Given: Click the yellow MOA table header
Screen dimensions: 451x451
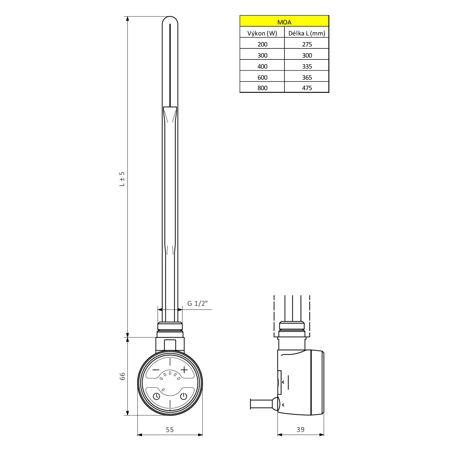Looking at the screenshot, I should (x=284, y=22).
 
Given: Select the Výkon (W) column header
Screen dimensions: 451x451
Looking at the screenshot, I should (x=262, y=33).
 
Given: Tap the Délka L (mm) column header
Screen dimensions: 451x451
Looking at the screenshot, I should (x=307, y=33).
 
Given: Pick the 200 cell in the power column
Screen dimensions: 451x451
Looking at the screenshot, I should (x=262, y=44).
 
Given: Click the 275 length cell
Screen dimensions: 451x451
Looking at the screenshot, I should (x=307, y=44).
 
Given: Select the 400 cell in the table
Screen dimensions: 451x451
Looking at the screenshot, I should (x=262, y=66).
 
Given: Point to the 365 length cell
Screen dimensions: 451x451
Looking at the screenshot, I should (x=307, y=78).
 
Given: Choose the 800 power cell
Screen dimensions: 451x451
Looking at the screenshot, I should (x=262, y=88).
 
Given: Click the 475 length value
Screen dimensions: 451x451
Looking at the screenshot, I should (x=307, y=88).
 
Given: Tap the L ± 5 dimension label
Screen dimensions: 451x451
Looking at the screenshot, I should (x=122, y=179).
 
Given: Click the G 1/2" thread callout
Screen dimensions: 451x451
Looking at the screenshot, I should (x=198, y=303).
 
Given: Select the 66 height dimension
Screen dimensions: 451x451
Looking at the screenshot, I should (x=122, y=376).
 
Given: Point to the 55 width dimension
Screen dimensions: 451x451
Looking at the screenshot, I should (x=170, y=430).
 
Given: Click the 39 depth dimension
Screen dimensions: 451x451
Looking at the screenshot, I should (x=300, y=430).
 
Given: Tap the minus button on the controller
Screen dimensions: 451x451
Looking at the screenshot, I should (x=156, y=370).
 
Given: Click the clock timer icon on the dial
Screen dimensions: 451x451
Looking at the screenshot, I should (x=156, y=396).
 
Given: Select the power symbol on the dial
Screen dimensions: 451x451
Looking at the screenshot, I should (x=184, y=396).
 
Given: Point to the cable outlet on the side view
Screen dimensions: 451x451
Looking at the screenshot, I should (x=262, y=404).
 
